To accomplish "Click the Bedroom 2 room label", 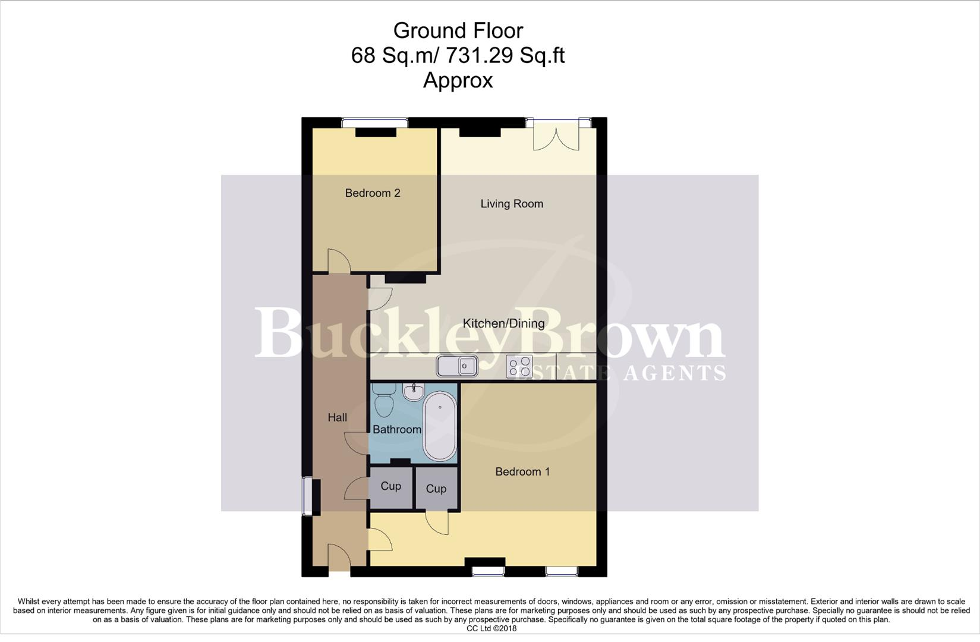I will pos(372,193).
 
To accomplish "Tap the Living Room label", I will pos(512,204).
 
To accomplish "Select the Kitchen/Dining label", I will pos(503,323).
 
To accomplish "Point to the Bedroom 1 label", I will pos(522,471).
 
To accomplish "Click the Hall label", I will pos(337,417).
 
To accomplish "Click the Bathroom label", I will pos(397,429).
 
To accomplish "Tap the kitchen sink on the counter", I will pos(458,366).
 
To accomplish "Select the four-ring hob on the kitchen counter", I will pos(519,366).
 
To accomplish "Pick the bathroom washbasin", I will pos(413,391).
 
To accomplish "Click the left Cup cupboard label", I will pos(390,486).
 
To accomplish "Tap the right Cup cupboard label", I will pos(436,489).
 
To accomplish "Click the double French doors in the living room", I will pos(556,136).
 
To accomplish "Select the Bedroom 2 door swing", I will pos(338,261).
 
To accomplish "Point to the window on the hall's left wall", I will pos(307,496).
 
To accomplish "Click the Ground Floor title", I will pos(458,30).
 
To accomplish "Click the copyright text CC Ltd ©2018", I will pos(491,628).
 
